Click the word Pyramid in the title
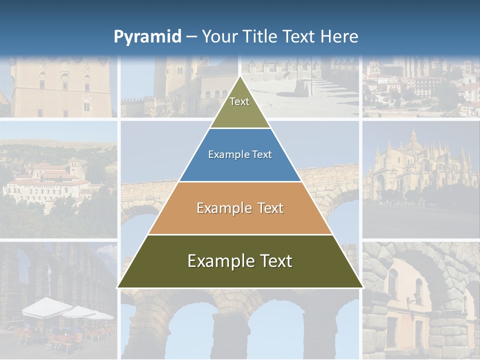pos(147,37)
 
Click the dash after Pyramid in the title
pos(191,37)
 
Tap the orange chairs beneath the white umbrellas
pos(60,340)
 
